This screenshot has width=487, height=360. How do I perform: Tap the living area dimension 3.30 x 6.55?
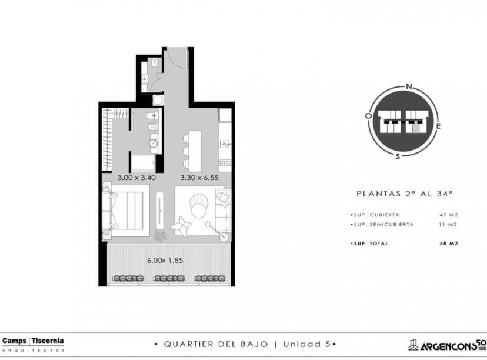click(199, 177)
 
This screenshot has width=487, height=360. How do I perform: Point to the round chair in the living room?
click(199, 208)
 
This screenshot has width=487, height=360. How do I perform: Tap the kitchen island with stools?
click(194, 149)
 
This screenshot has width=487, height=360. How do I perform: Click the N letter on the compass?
click(409, 86)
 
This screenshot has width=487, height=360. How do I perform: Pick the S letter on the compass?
click(398, 156)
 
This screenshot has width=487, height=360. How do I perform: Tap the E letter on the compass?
click(438, 126)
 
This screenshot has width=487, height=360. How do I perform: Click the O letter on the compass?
click(368, 116)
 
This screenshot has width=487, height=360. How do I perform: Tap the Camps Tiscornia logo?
click(33, 343)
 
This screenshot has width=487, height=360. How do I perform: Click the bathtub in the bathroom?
click(142, 162)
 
